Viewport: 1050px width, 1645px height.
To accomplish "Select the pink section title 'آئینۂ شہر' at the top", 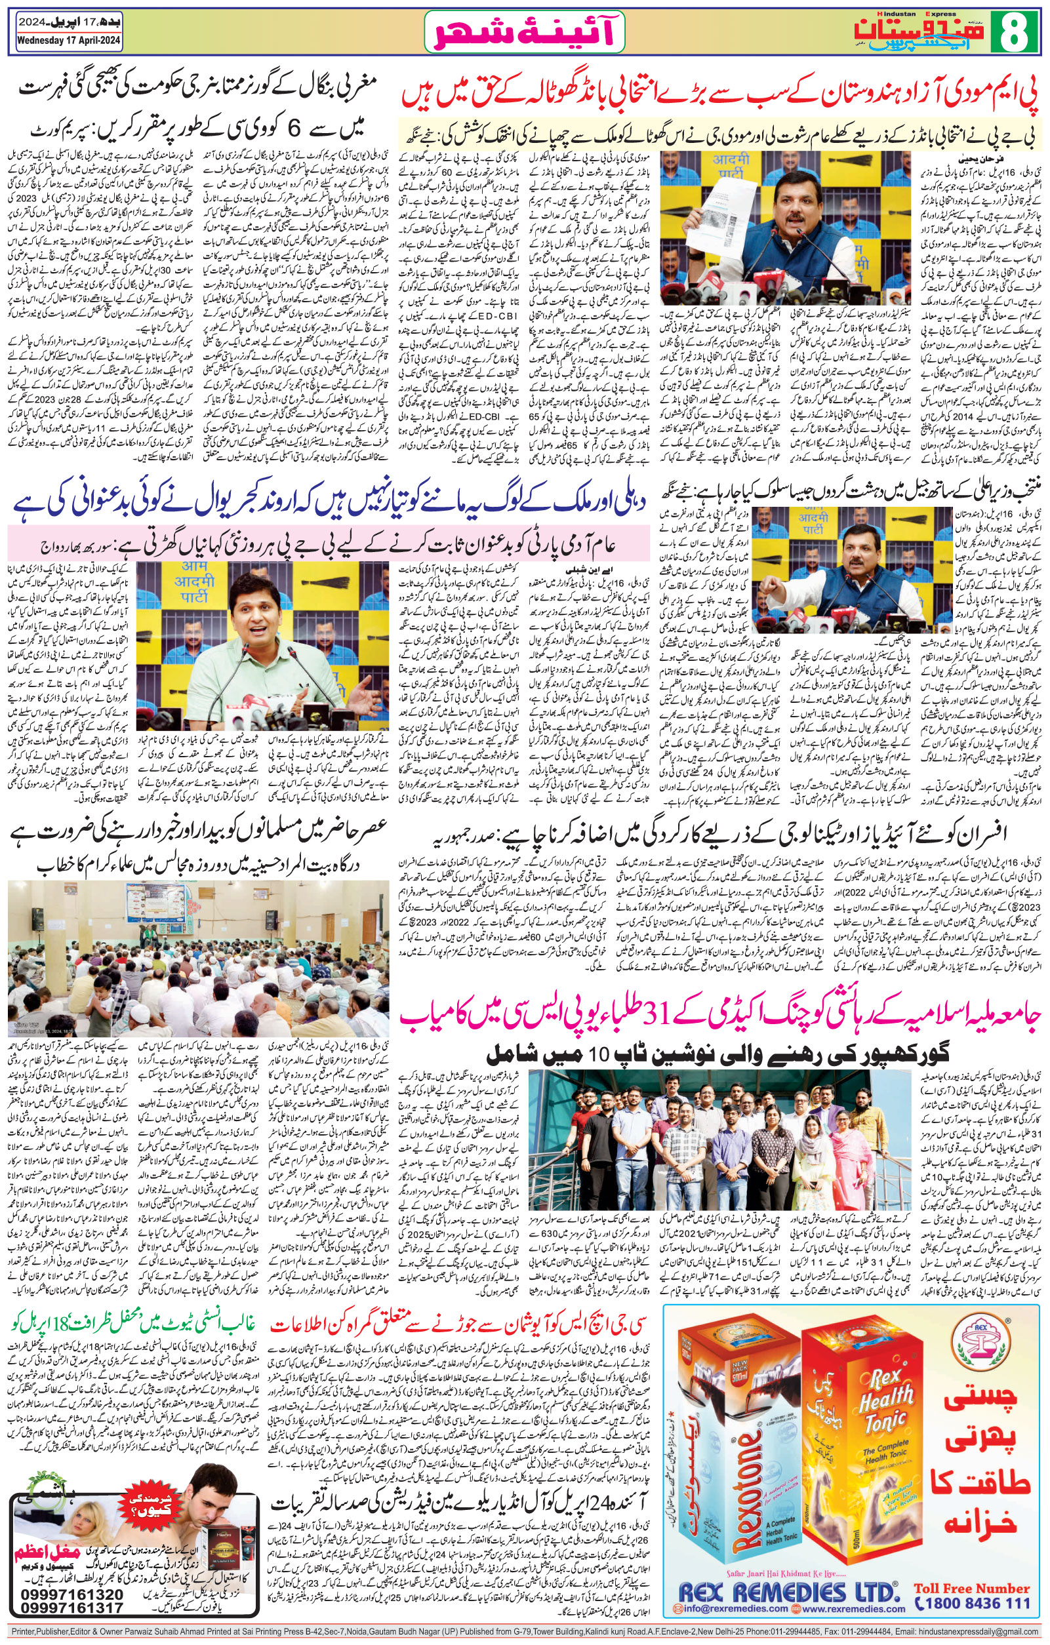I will point(519,33).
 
